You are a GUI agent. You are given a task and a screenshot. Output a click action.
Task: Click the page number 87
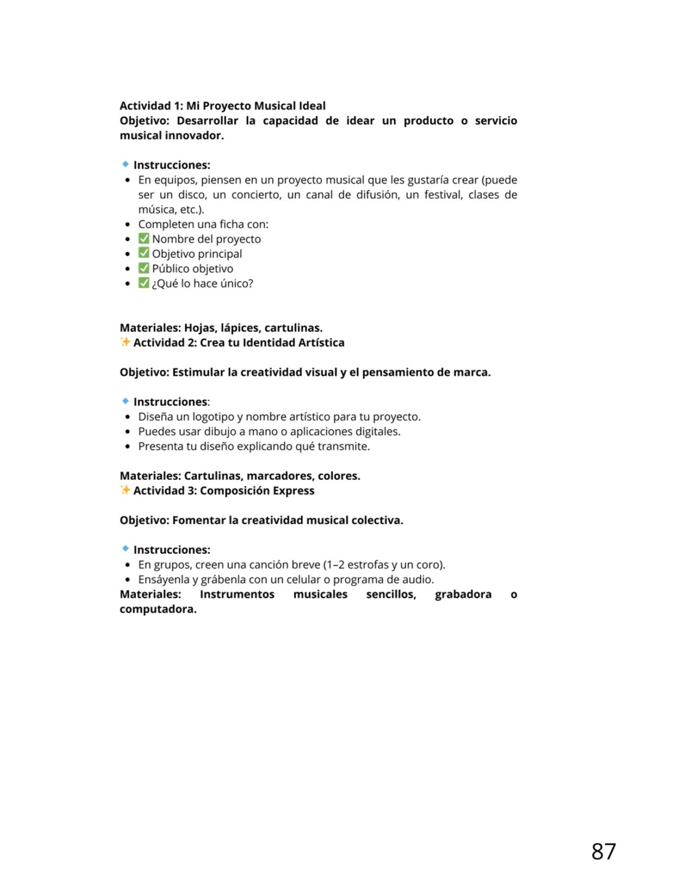(x=603, y=852)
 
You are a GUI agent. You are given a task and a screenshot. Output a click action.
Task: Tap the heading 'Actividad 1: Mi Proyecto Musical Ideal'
(x=222, y=106)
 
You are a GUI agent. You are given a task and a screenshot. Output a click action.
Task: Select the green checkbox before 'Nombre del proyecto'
(x=143, y=239)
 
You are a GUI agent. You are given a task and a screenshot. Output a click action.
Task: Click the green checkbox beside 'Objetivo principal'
(x=143, y=253)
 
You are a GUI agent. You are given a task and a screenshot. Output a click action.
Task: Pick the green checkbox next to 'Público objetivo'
(x=143, y=268)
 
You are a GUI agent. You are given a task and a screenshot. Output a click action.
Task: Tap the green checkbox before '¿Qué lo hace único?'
(x=143, y=283)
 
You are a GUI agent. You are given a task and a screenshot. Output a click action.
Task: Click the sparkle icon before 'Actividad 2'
(x=125, y=342)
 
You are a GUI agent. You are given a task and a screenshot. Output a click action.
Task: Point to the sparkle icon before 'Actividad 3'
(x=125, y=490)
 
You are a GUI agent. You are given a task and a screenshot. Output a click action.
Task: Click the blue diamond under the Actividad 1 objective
(x=126, y=164)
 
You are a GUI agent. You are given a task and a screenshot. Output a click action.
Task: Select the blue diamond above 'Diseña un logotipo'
(x=126, y=401)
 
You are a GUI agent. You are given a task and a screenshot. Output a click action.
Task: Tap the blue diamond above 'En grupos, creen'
(x=126, y=549)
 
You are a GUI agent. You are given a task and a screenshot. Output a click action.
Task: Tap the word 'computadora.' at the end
(x=158, y=609)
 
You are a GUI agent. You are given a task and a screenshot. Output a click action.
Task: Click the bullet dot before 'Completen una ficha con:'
(x=127, y=225)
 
